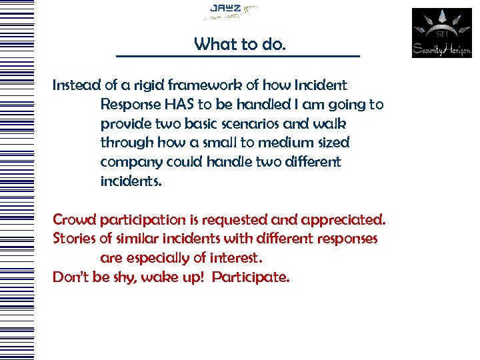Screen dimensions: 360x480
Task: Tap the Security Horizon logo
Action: click(441, 33)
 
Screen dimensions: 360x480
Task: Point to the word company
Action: click(130, 163)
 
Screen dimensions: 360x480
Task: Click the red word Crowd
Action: click(74, 219)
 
